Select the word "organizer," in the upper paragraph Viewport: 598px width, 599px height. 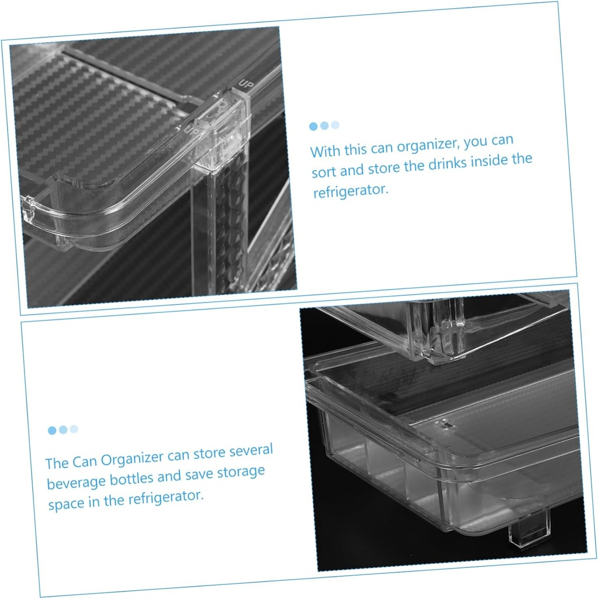click(x=427, y=146)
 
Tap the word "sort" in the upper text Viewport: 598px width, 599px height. click(x=323, y=173)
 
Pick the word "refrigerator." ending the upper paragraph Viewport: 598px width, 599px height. click(x=350, y=191)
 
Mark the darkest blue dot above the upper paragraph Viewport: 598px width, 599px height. click(x=313, y=126)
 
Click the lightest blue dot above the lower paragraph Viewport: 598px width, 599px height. click(x=74, y=429)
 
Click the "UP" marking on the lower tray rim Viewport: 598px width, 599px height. click(x=191, y=130)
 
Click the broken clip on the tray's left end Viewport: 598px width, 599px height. click(x=27, y=209)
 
